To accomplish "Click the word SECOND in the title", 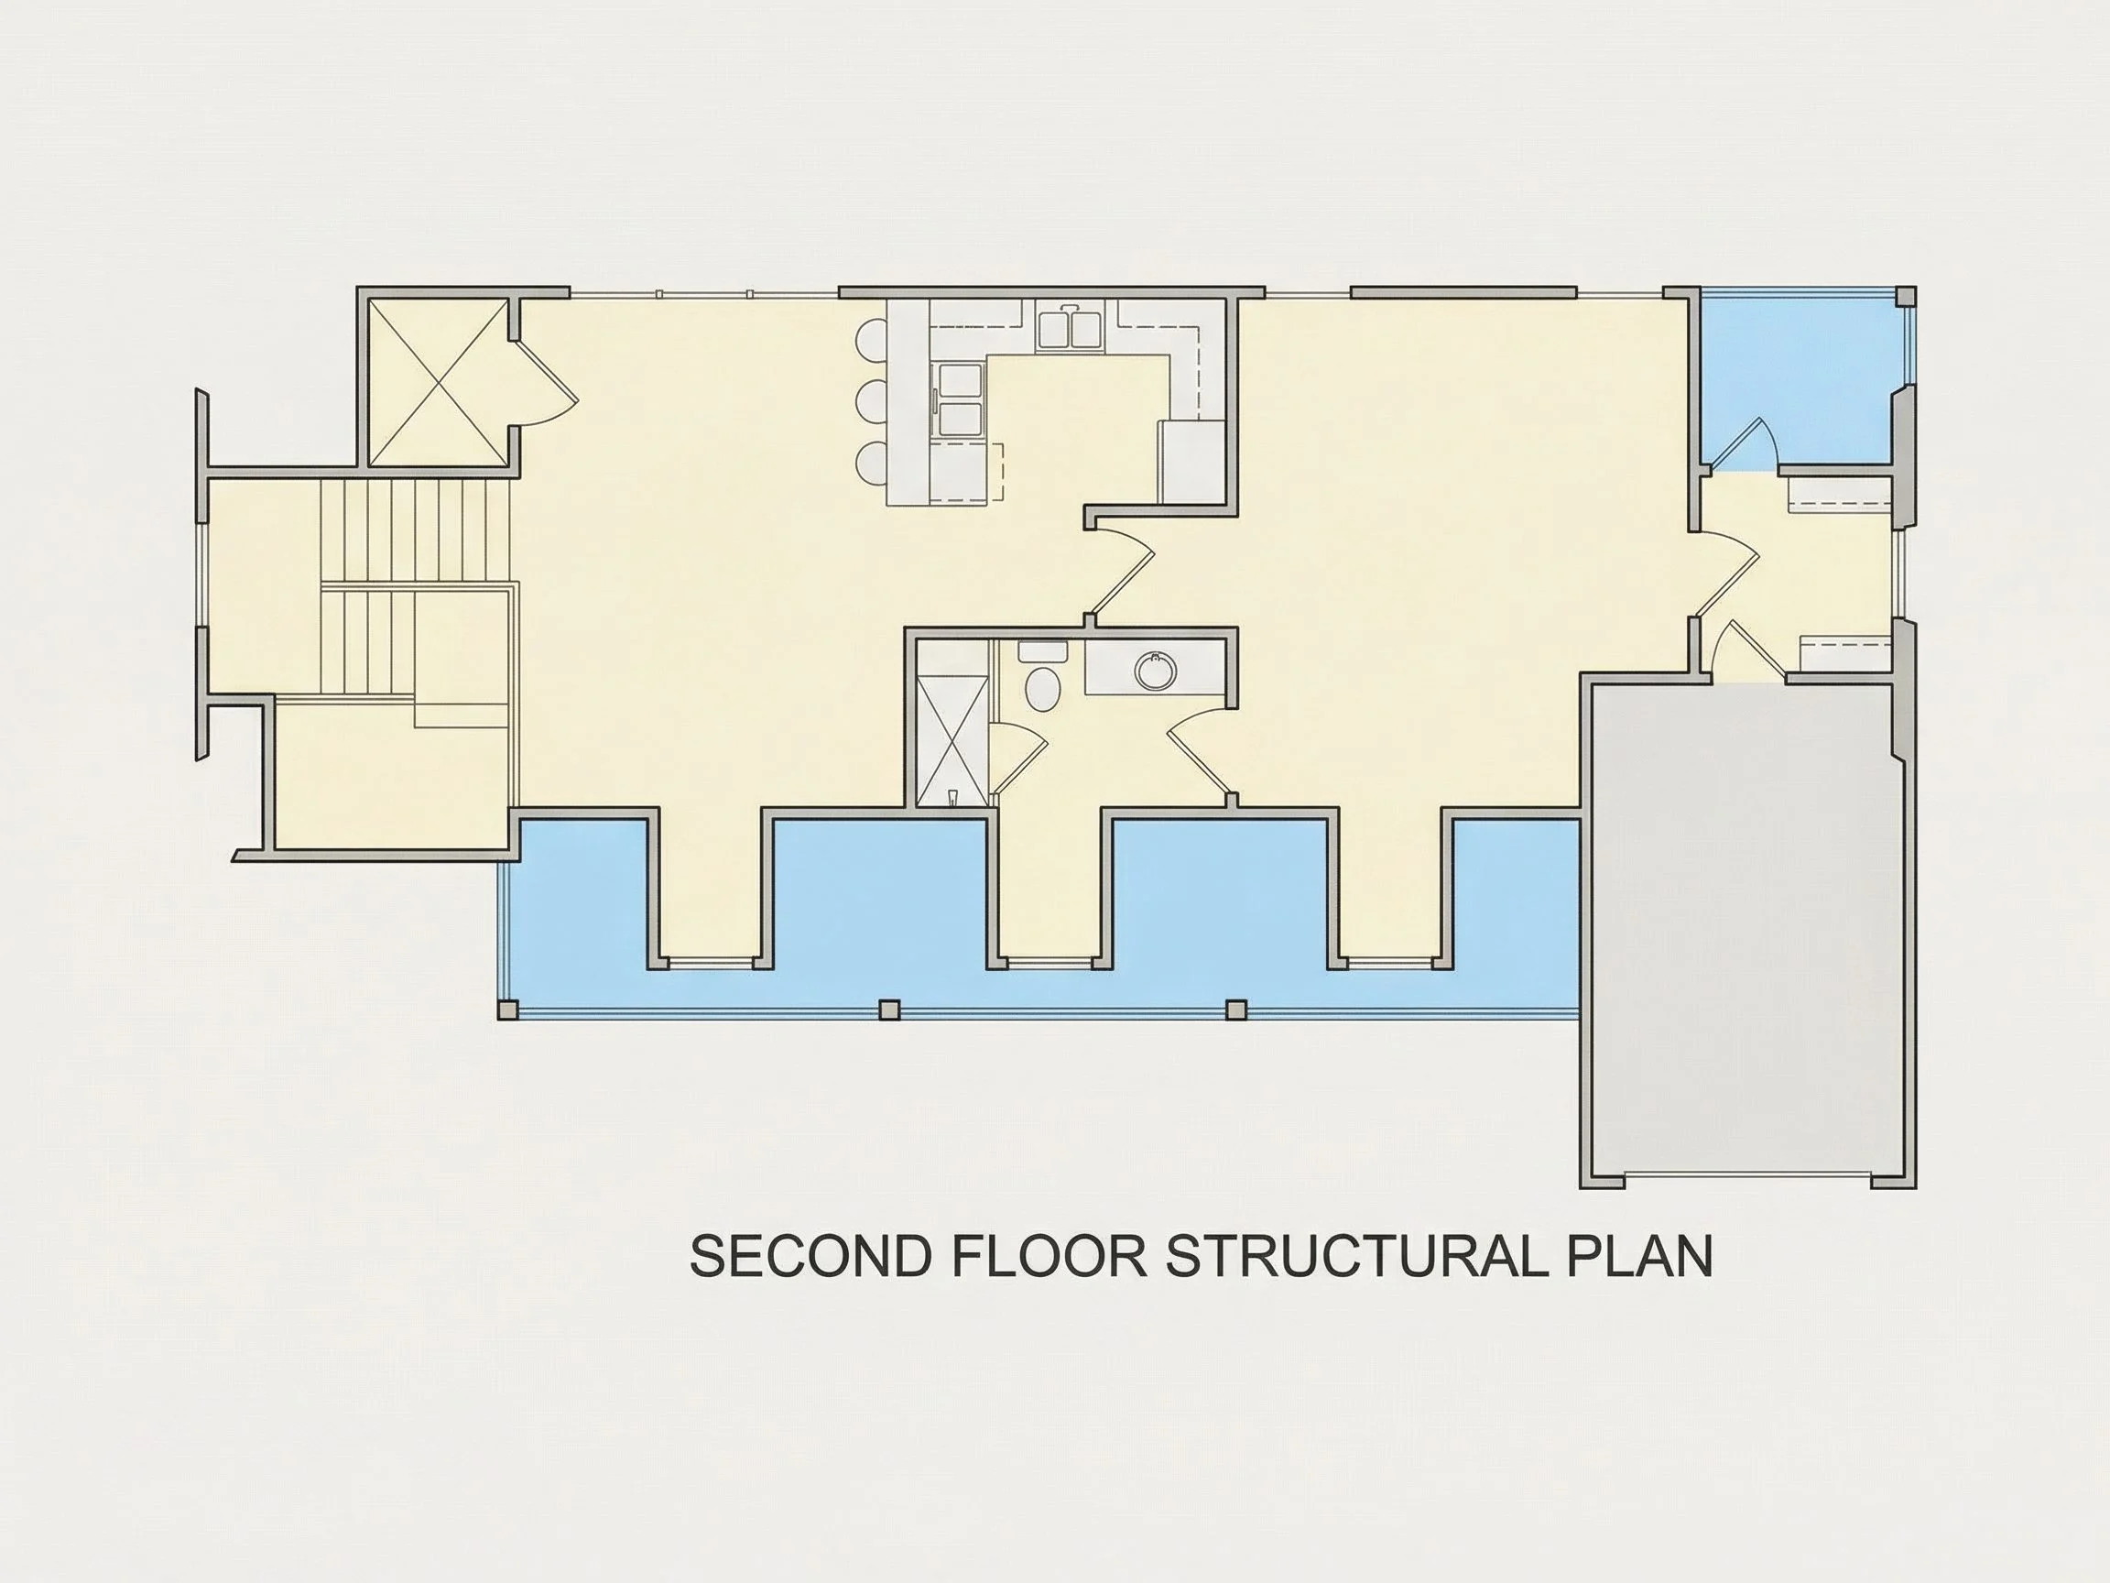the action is pyautogui.click(x=810, y=1256).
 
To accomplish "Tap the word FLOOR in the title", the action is pyautogui.click(x=1050, y=1256).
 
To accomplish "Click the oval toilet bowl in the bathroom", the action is pyautogui.click(x=1042, y=688).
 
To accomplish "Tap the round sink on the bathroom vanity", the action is pyautogui.click(x=1154, y=670).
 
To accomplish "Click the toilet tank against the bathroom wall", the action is pyautogui.click(x=1042, y=651).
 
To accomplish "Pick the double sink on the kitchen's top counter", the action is pyautogui.click(x=1070, y=328).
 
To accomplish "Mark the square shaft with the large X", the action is pyautogui.click(x=438, y=382).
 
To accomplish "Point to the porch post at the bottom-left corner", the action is pyautogui.click(x=508, y=1010).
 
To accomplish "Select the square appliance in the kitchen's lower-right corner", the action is pyautogui.click(x=1191, y=462).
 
